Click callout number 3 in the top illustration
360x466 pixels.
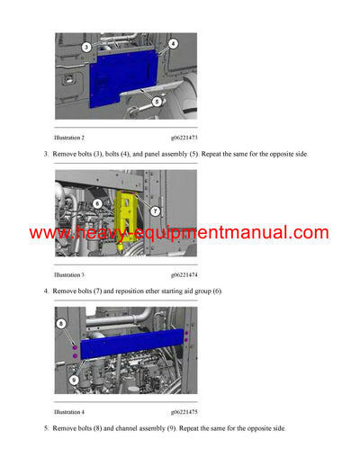(x=85, y=46)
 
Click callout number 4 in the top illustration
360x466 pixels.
(x=173, y=43)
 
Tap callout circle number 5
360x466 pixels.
(x=157, y=102)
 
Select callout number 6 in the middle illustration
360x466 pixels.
(x=97, y=203)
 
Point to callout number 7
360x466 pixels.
(x=155, y=211)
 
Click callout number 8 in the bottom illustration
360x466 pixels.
(x=61, y=323)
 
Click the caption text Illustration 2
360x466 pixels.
(x=69, y=138)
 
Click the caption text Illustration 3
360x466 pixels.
(x=69, y=274)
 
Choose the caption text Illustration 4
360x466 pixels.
(x=69, y=411)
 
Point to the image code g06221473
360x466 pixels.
(x=184, y=138)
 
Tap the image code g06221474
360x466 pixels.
(x=184, y=274)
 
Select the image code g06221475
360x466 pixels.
(x=184, y=411)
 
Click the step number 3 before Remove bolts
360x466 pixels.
(x=46, y=155)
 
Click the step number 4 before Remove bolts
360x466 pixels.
(x=46, y=291)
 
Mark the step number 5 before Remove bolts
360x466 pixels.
(x=46, y=428)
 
